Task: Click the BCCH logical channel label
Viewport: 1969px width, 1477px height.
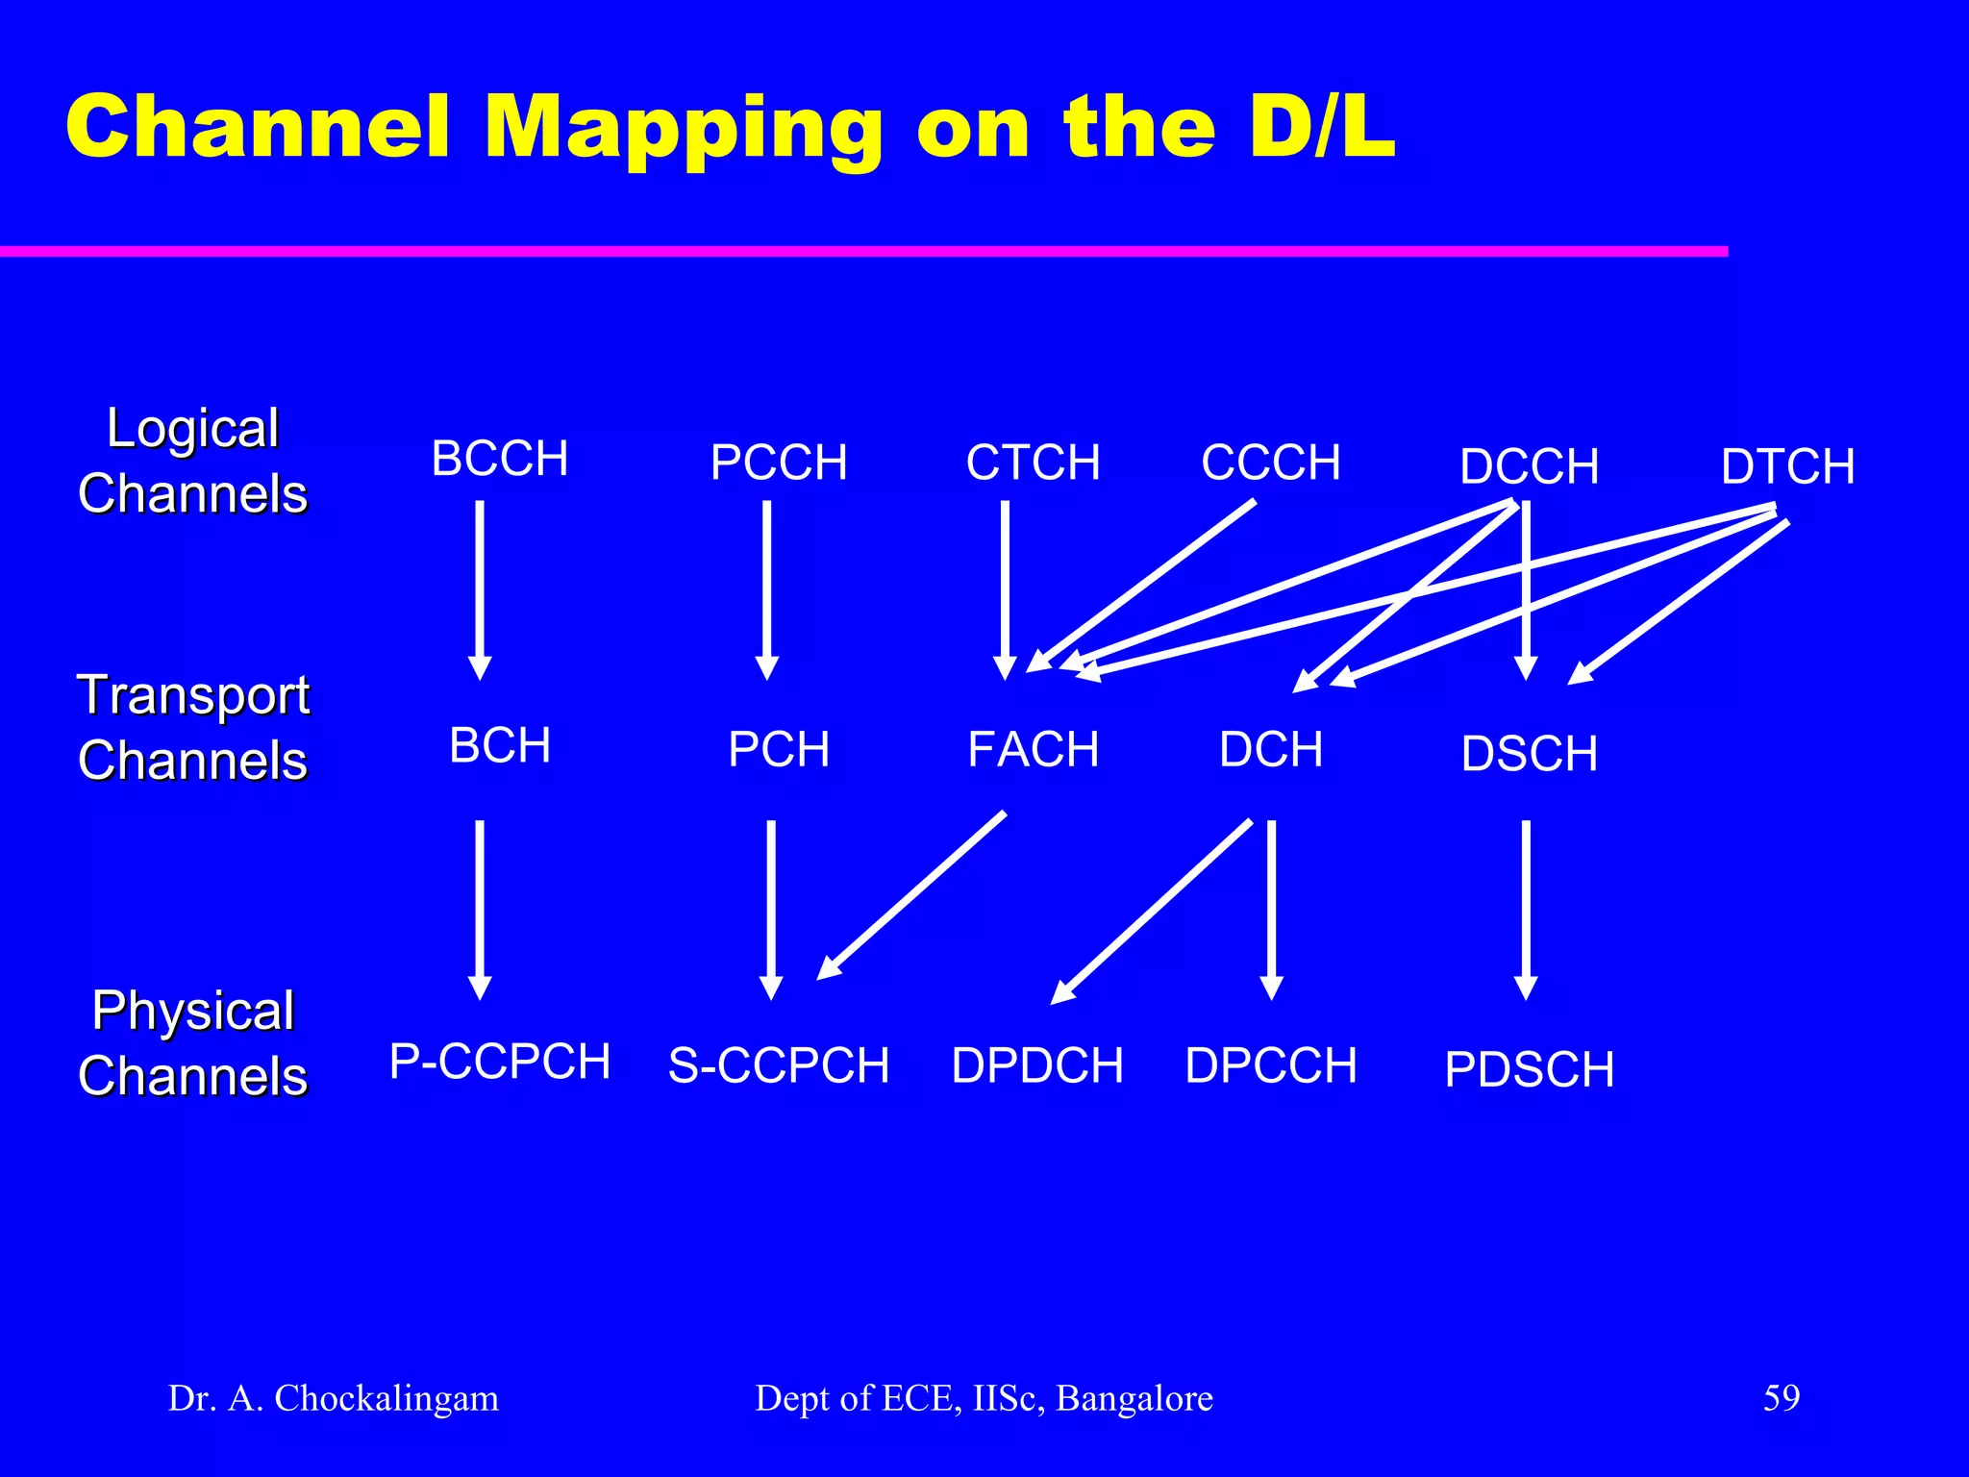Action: pos(499,459)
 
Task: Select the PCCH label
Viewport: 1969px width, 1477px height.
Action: pos(779,463)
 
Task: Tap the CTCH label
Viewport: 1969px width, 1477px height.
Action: pos(1033,463)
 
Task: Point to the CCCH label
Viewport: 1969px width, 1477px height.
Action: pos(1270,463)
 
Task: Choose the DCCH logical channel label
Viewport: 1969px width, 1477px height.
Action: pos(1529,467)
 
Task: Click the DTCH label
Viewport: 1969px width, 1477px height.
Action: pos(1787,467)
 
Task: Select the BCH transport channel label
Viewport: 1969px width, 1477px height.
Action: pos(500,746)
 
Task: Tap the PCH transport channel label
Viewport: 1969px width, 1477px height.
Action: pos(779,750)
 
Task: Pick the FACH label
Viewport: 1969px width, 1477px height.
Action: pos(1033,750)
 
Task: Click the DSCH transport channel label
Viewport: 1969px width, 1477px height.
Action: pos(1529,754)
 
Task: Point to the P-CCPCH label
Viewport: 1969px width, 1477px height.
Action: pos(500,1062)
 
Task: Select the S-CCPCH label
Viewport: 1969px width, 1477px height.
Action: pos(779,1065)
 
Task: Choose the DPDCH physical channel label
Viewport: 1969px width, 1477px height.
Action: pos(1037,1065)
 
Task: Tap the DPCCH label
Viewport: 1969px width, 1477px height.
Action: pos(1271,1065)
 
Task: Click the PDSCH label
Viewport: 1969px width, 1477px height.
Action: pos(1529,1069)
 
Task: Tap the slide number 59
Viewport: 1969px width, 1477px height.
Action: pos(1781,1397)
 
